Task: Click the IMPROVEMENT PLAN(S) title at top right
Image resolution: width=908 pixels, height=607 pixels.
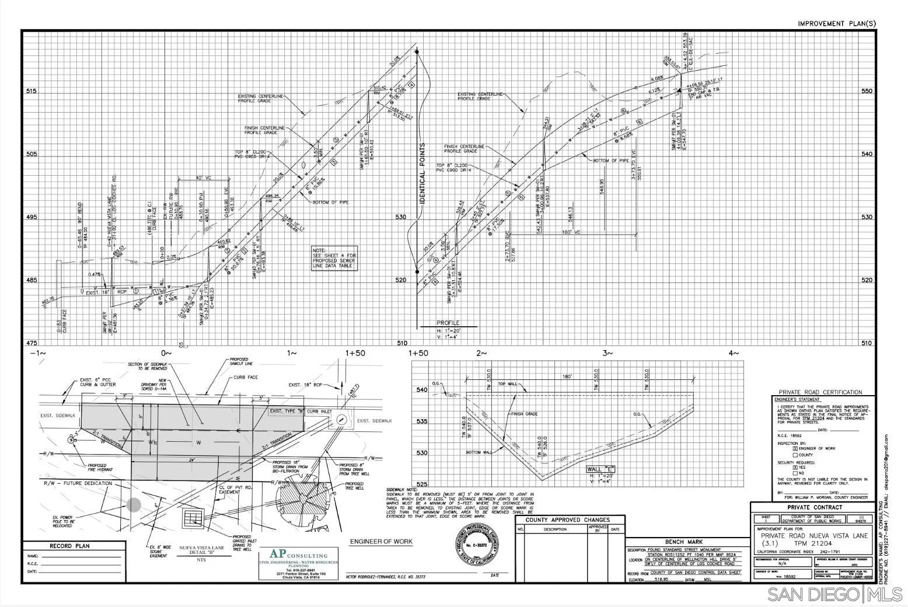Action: pos(837,23)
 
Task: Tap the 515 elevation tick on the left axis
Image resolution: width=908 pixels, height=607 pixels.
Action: pos(32,92)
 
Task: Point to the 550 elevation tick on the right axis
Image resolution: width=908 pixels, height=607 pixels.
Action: pos(867,92)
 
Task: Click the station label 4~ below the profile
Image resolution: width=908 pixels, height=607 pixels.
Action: pos(734,353)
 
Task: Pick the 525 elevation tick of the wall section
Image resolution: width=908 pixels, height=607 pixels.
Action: pos(422,484)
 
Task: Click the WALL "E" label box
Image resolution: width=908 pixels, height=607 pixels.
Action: pos(601,469)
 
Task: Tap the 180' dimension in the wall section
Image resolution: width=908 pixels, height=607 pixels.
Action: pos(567,377)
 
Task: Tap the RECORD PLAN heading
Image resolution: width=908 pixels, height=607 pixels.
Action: pos(69,546)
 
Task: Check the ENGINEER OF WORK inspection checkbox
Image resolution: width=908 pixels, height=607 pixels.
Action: pos(795,448)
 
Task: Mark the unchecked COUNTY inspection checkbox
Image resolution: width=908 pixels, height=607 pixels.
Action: pos(795,455)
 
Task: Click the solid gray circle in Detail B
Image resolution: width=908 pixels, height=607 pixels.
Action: pos(134,505)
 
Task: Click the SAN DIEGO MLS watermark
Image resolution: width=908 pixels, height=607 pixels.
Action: pos(834,595)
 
